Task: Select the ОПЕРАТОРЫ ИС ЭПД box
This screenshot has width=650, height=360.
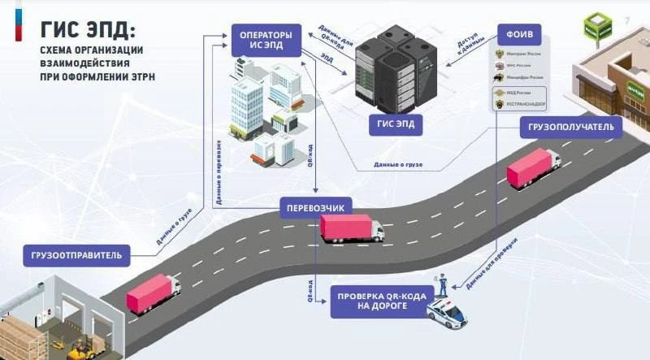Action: click(266, 37)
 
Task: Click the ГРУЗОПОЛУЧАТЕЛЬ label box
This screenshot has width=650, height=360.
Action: click(571, 128)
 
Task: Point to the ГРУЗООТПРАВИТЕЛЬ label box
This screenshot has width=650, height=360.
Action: click(74, 255)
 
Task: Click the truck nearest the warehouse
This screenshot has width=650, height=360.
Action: click(154, 292)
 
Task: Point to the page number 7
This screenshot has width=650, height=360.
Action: click(625, 20)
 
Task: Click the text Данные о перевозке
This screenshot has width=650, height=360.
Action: click(219, 166)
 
